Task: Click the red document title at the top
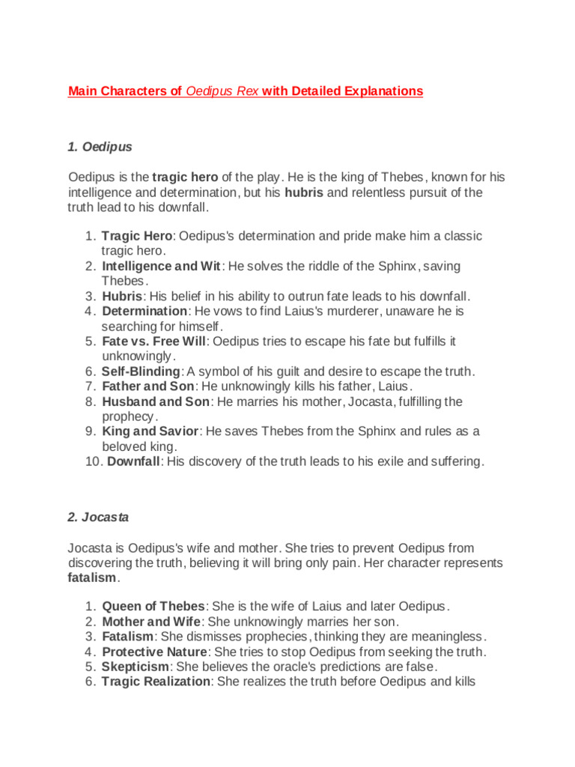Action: click(x=245, y=91)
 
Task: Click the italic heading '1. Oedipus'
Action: click(x=100, y=147)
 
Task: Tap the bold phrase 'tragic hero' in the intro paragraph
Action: click(x=186, y=178)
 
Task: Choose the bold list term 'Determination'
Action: click(x=144, y=311)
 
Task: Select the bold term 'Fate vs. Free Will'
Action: click(x=153, y=341)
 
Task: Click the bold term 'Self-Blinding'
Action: click(x=141, y=372)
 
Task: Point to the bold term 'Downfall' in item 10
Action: click(x=133, y=461)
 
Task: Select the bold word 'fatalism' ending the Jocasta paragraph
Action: click(x=92, y=577)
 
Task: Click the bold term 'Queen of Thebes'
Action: click(x=153, y=607)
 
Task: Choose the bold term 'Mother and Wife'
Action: click(x=150, y=622)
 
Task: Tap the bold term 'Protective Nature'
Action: click(x=153, y=652)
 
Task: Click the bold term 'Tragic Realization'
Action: click(x=156, y=682)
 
